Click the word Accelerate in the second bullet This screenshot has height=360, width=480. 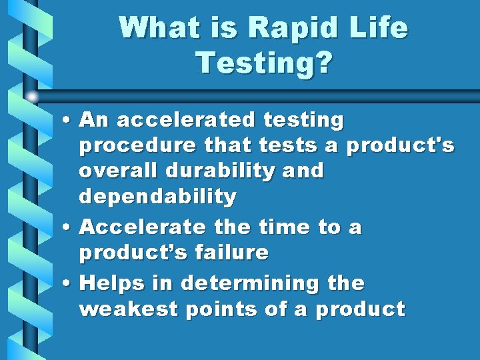pos(142,227)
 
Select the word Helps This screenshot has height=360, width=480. pos(109,283)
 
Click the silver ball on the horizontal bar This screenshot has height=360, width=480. pos(32,96)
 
